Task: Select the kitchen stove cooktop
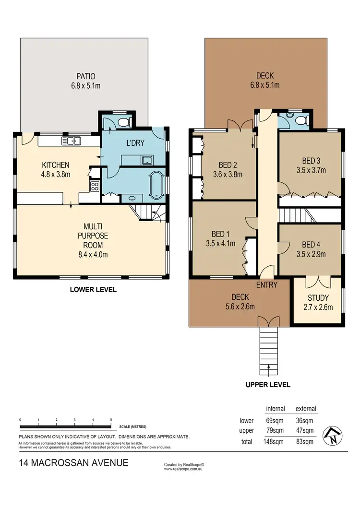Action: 95,187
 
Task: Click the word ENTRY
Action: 267,285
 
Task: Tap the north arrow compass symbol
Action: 332,436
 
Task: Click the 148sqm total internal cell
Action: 276,441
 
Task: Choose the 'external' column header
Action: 306,409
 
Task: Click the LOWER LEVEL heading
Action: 93,290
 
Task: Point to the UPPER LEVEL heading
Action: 268,385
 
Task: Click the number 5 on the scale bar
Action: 111,420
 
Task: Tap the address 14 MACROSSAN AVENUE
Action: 73,463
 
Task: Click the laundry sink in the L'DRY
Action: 147,160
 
